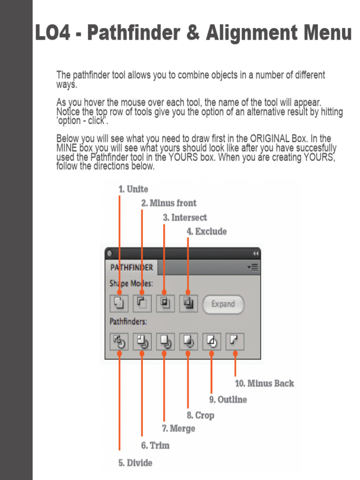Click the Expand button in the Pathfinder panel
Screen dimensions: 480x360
pyautogui.click(x=223, y=304)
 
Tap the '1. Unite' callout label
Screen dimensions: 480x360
pyautogui.click(x=133, y=189)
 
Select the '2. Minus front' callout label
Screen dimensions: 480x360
pyautogui.click(x=169, y=203)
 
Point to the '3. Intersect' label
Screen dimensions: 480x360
pyautogui.click(x=185, y=217)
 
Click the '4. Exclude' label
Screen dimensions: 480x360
pyautogui.click(x=207, y=232)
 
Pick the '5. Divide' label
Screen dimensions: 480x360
pyautogui.click(x=135, y=463)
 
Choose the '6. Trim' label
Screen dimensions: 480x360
pyautogui.click(x=155, y=445)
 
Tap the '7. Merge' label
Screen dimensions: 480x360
pyautogui.click(x=178, y=428)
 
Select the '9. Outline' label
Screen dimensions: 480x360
pyautogui.click(x=228, y=400)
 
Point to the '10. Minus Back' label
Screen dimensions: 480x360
pyautogui.click(x=264, y=383)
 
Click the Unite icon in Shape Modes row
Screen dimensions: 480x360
pyautogui.click(x=119, y=303)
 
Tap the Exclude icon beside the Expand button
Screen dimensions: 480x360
pyautogui.click(x=188, y=303)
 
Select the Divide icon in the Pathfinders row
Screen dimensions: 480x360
pyautogui.click(x=119, y=342)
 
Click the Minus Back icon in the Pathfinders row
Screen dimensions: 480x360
pyautogui.click(x=235, y=341)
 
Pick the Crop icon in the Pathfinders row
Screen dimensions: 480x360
pyautogui.click(x=188, y=342)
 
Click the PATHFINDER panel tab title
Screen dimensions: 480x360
pyautogui.click(x=131, y=268)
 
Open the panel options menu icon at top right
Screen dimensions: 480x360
pyautogui.click(x=253, y=268)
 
